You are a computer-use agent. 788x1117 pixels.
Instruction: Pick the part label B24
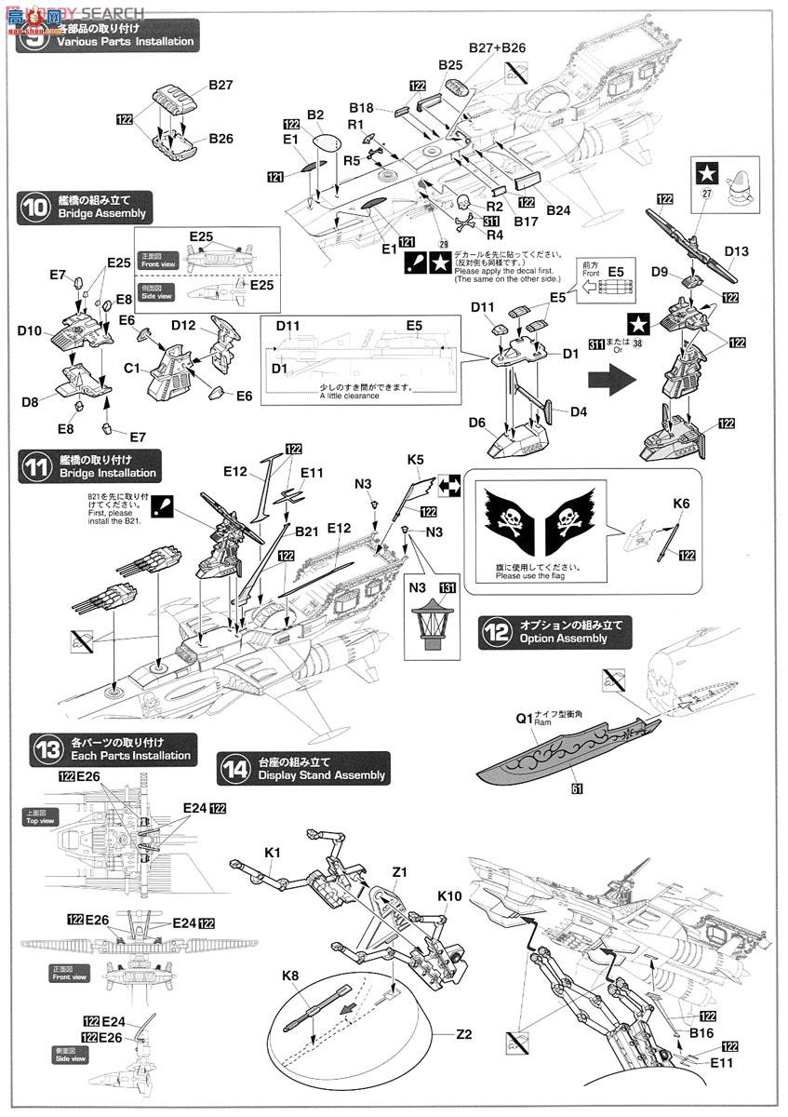point(558,211)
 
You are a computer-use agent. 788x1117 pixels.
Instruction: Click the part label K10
point(450,895)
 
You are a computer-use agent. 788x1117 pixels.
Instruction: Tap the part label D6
point(476,423)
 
